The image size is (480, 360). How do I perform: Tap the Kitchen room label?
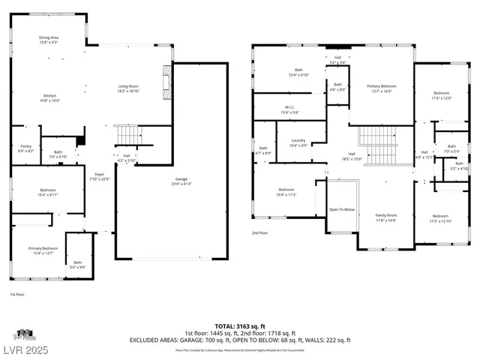click(49, 97)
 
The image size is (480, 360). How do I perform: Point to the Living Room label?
click(128, 88)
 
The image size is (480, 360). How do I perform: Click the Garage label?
click(181, 181)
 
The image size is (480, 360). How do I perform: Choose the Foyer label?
click(100, 177)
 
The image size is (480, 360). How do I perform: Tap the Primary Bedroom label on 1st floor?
click(43, 250)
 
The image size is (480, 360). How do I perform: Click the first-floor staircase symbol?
click(130, 136)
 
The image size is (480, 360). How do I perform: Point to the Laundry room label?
click(298, 143)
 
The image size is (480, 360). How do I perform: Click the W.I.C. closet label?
click(289, 109)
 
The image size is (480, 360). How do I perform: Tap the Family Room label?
click(385, 217)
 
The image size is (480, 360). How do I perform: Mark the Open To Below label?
click(342, 209)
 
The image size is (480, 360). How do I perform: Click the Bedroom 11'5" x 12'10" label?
click(439, 217)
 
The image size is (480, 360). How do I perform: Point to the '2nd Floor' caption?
click(259, 233)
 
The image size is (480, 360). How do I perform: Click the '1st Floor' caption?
click(17, 294)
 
